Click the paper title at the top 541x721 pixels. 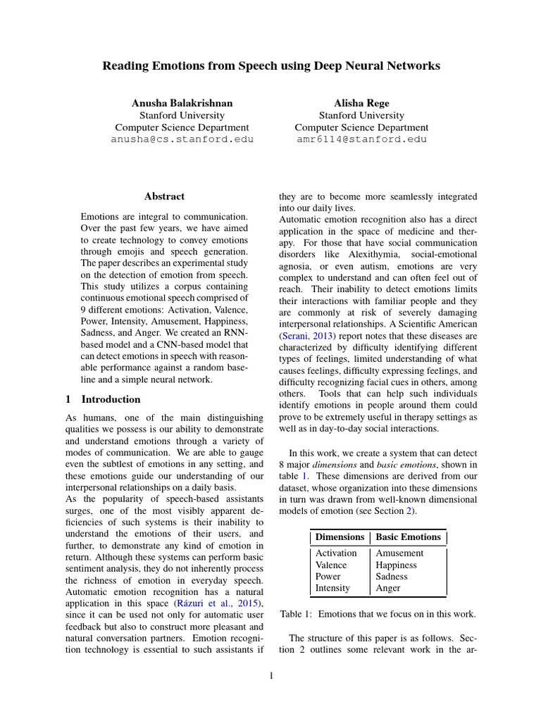[x=271, y=65]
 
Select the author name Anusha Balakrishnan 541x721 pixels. [x=182, y=103]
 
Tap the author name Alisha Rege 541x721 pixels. [x=361, y=103]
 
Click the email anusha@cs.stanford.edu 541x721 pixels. [x=182, y=139]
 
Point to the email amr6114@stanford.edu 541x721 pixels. [x=361, y=139]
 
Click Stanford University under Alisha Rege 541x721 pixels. [x=361, y=115]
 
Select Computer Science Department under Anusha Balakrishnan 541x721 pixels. [x=182, y=127]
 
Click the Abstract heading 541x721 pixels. [x=164, y=196]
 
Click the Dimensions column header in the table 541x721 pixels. [x=340, y=537]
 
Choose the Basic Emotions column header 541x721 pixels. [x=409, y=537]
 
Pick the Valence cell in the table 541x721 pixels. [x=331, y=565]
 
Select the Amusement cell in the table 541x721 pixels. [x=399, y=553]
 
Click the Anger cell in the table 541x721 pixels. [x=388, y=588]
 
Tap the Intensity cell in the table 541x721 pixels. [x=332, y=588]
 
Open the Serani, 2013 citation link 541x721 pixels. [x=306, y=336]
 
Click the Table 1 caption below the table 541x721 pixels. [x=378, y=614]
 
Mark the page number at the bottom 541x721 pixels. [x=271, y=677]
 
